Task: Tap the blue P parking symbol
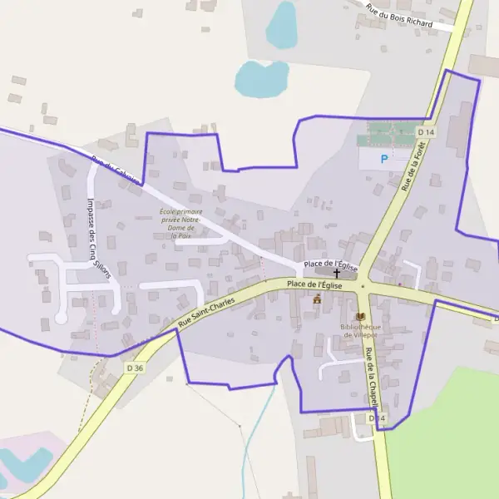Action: click(x=383, y=158)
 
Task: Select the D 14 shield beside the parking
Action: click(x=427, y=132)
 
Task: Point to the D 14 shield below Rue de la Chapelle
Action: click(x=377, y=417)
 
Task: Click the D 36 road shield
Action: click(x=136, y=367)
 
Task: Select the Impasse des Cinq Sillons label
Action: click(x=93, y=235)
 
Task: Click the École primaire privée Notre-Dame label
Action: click(x=181, y=224)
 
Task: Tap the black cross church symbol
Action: click(x=337, y=273)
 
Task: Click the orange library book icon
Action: click(x=360, y=316)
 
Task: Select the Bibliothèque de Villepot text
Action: click(x=360, y=330)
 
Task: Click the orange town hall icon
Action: click(x=316, y=299)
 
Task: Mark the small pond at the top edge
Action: click(x=281, y=25)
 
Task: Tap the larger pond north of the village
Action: click(x=260, y=79)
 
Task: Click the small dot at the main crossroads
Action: click(x=363, y=287)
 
